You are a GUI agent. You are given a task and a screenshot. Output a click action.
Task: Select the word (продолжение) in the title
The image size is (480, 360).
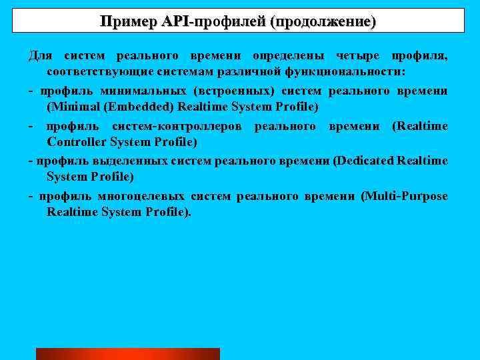[x=322, y=21]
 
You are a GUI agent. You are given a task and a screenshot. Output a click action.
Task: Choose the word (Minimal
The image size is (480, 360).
[x=70, y=107]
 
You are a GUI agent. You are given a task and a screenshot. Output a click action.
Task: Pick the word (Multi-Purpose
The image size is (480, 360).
[x=404, y=196]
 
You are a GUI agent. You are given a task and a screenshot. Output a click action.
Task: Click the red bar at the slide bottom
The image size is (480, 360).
[x=127, y=353]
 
